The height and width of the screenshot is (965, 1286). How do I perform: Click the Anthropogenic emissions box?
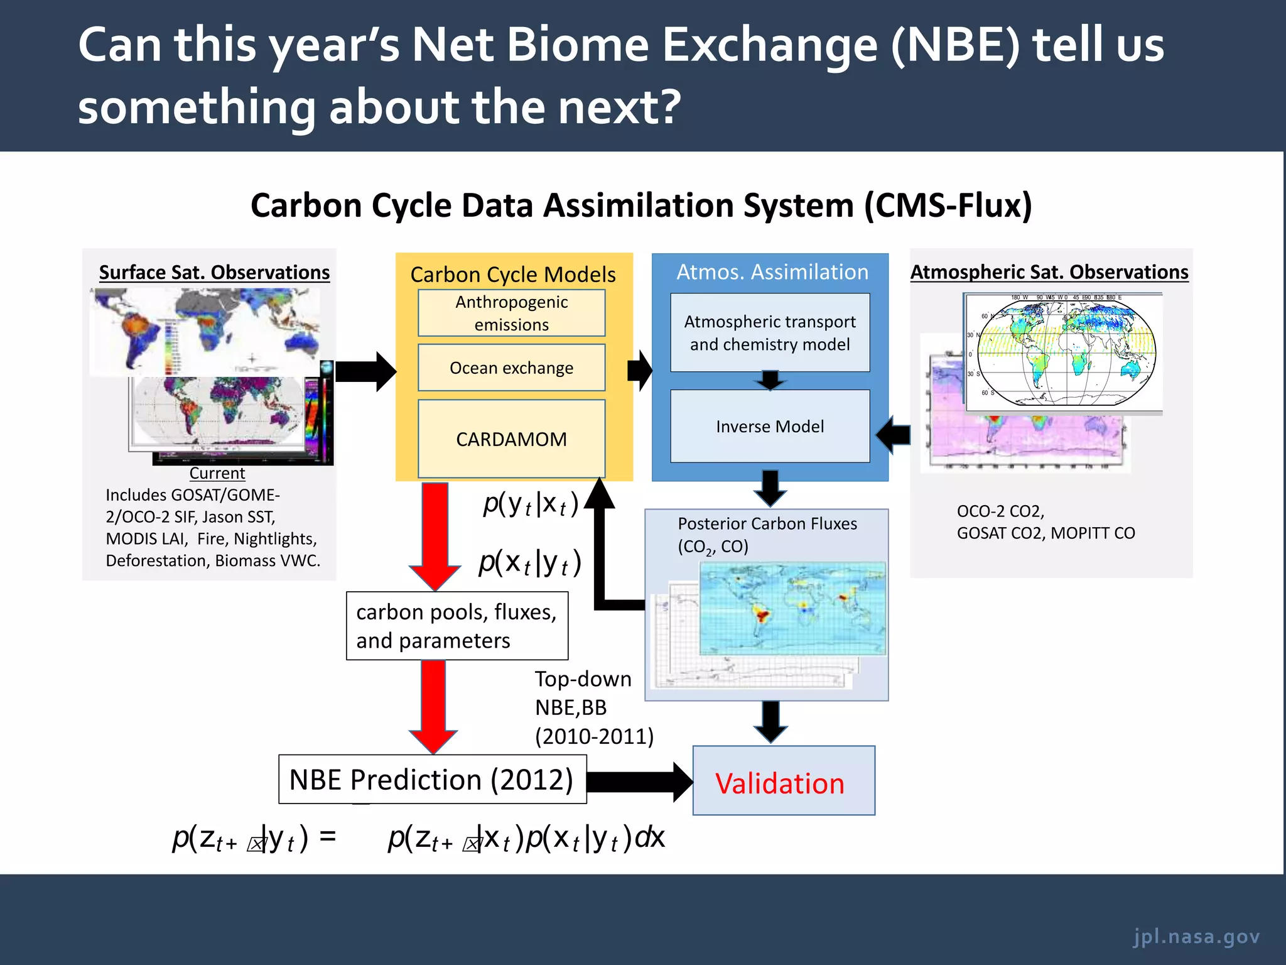click(x=511, y=313)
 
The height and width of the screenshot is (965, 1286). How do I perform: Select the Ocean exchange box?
click(x=511, y=368)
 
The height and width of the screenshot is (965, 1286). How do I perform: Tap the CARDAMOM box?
click(x=511, y=439)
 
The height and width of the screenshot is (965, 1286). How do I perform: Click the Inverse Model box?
click(x=770, y=427)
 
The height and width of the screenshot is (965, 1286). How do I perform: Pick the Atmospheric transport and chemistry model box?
click(x=770, y=333)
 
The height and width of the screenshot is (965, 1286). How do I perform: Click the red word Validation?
click(x=780, y=783)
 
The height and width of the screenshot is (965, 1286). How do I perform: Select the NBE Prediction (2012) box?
click(x=432, y=780)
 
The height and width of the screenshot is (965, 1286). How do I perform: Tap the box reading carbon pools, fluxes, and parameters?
click(x=457, y=626)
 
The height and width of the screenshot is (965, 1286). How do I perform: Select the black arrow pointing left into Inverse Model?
click(x=894, y=434)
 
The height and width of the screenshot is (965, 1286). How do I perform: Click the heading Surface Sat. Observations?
click(x=214, y=272)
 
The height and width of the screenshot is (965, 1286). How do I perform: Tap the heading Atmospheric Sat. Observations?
click(x=1049, y=272)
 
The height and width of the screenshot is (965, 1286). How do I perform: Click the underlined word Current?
click(x=217, y=473)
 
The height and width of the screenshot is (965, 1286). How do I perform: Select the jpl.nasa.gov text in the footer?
click(x=1196, y=936)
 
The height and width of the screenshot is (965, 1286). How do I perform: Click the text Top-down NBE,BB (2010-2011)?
click(x=593, y=707)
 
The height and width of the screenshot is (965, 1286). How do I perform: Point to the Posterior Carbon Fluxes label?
click(x=767, y=523)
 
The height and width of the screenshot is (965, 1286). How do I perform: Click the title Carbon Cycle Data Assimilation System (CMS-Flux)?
click(x=641, y=205)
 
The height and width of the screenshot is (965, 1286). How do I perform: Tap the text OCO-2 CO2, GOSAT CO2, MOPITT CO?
click(x=1046, y=522)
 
